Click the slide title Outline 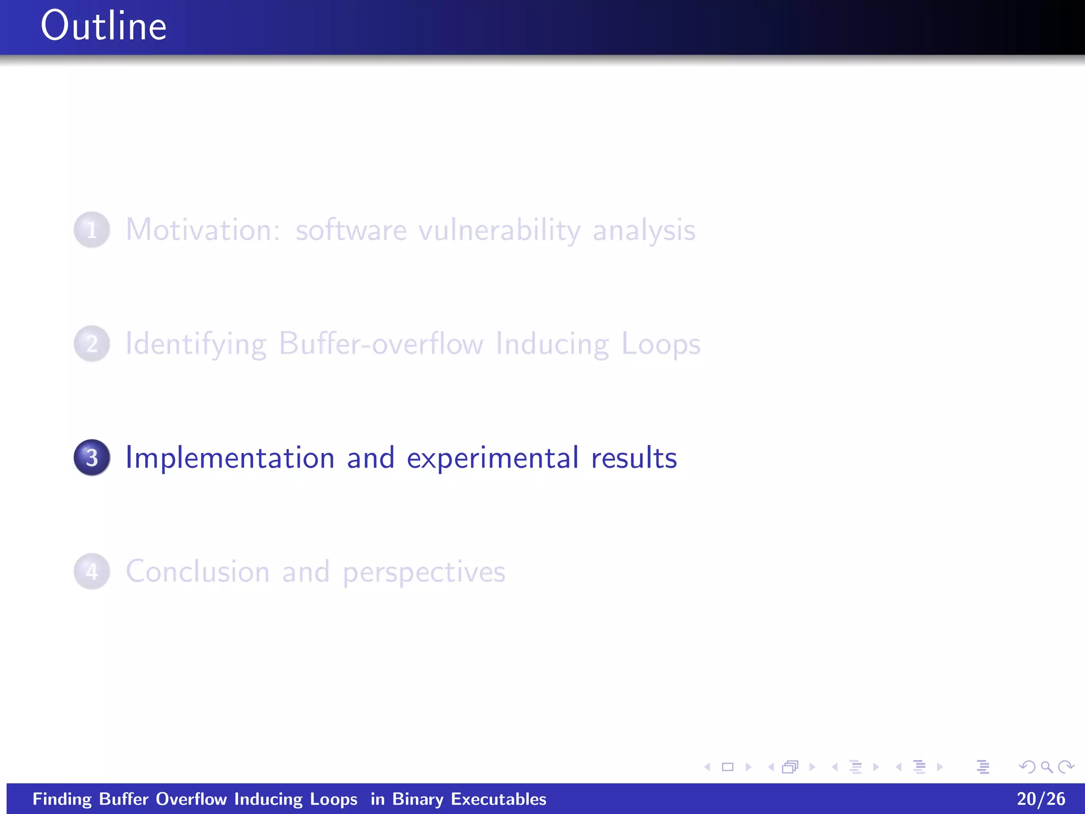pos(103,26)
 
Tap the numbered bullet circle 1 pos(92,230)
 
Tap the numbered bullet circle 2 pos(92,344)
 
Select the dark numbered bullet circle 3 pos(92,458)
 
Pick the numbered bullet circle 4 pos(92,572)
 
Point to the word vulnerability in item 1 pos(499,231)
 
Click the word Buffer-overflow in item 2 pos(381,344)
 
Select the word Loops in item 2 pos(660,345)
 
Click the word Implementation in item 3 pos(230,458)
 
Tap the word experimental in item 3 pos(492,459)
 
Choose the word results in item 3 pos(634,458)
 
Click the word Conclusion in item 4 pos(198,572)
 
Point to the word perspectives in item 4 pos(424,573)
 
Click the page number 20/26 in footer pos(1040,799)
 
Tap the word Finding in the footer pos(62,799)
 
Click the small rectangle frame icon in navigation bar pos(727,767)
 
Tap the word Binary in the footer pos(417,799)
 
